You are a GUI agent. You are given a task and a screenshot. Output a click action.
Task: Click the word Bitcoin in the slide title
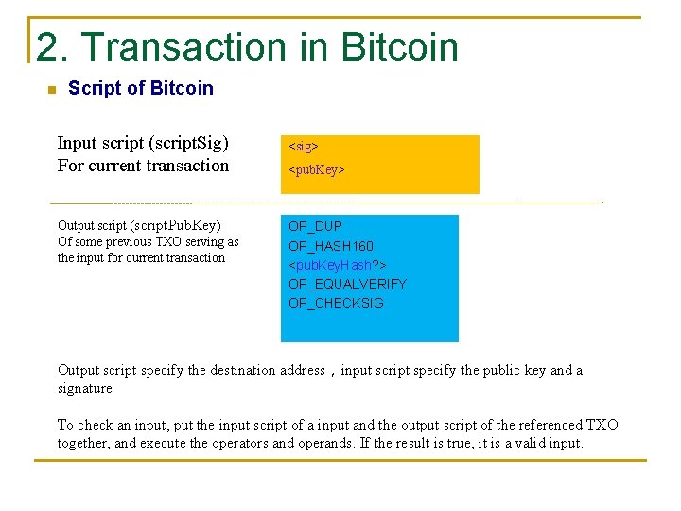point(400,47)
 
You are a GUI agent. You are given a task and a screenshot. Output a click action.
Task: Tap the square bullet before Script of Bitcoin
point(51,90)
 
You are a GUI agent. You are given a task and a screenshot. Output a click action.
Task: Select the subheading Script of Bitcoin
point(141,88)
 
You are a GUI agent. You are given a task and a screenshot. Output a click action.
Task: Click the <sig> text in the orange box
point(303,147)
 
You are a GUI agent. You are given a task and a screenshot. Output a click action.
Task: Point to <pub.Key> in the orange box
point(317,170)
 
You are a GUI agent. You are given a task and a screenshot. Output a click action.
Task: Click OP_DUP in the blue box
point(315,226)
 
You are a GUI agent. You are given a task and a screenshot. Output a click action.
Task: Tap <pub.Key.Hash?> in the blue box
point(337,265)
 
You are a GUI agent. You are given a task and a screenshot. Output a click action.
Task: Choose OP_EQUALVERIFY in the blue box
point(347,284)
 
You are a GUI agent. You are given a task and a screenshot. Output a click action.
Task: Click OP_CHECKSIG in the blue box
point(336,303)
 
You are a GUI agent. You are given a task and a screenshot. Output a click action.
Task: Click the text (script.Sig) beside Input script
point(188,143)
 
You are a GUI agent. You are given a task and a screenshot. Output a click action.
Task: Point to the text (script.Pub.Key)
point(175,225)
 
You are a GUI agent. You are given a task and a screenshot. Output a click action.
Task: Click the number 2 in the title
point(45,47)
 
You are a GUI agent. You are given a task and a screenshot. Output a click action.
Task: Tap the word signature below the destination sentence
point(84,388)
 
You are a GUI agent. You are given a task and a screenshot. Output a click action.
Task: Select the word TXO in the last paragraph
point(602,425)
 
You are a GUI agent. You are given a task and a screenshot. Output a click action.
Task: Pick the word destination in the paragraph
point(242,370)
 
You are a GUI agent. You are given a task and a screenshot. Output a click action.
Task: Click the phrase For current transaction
point(143,166)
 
